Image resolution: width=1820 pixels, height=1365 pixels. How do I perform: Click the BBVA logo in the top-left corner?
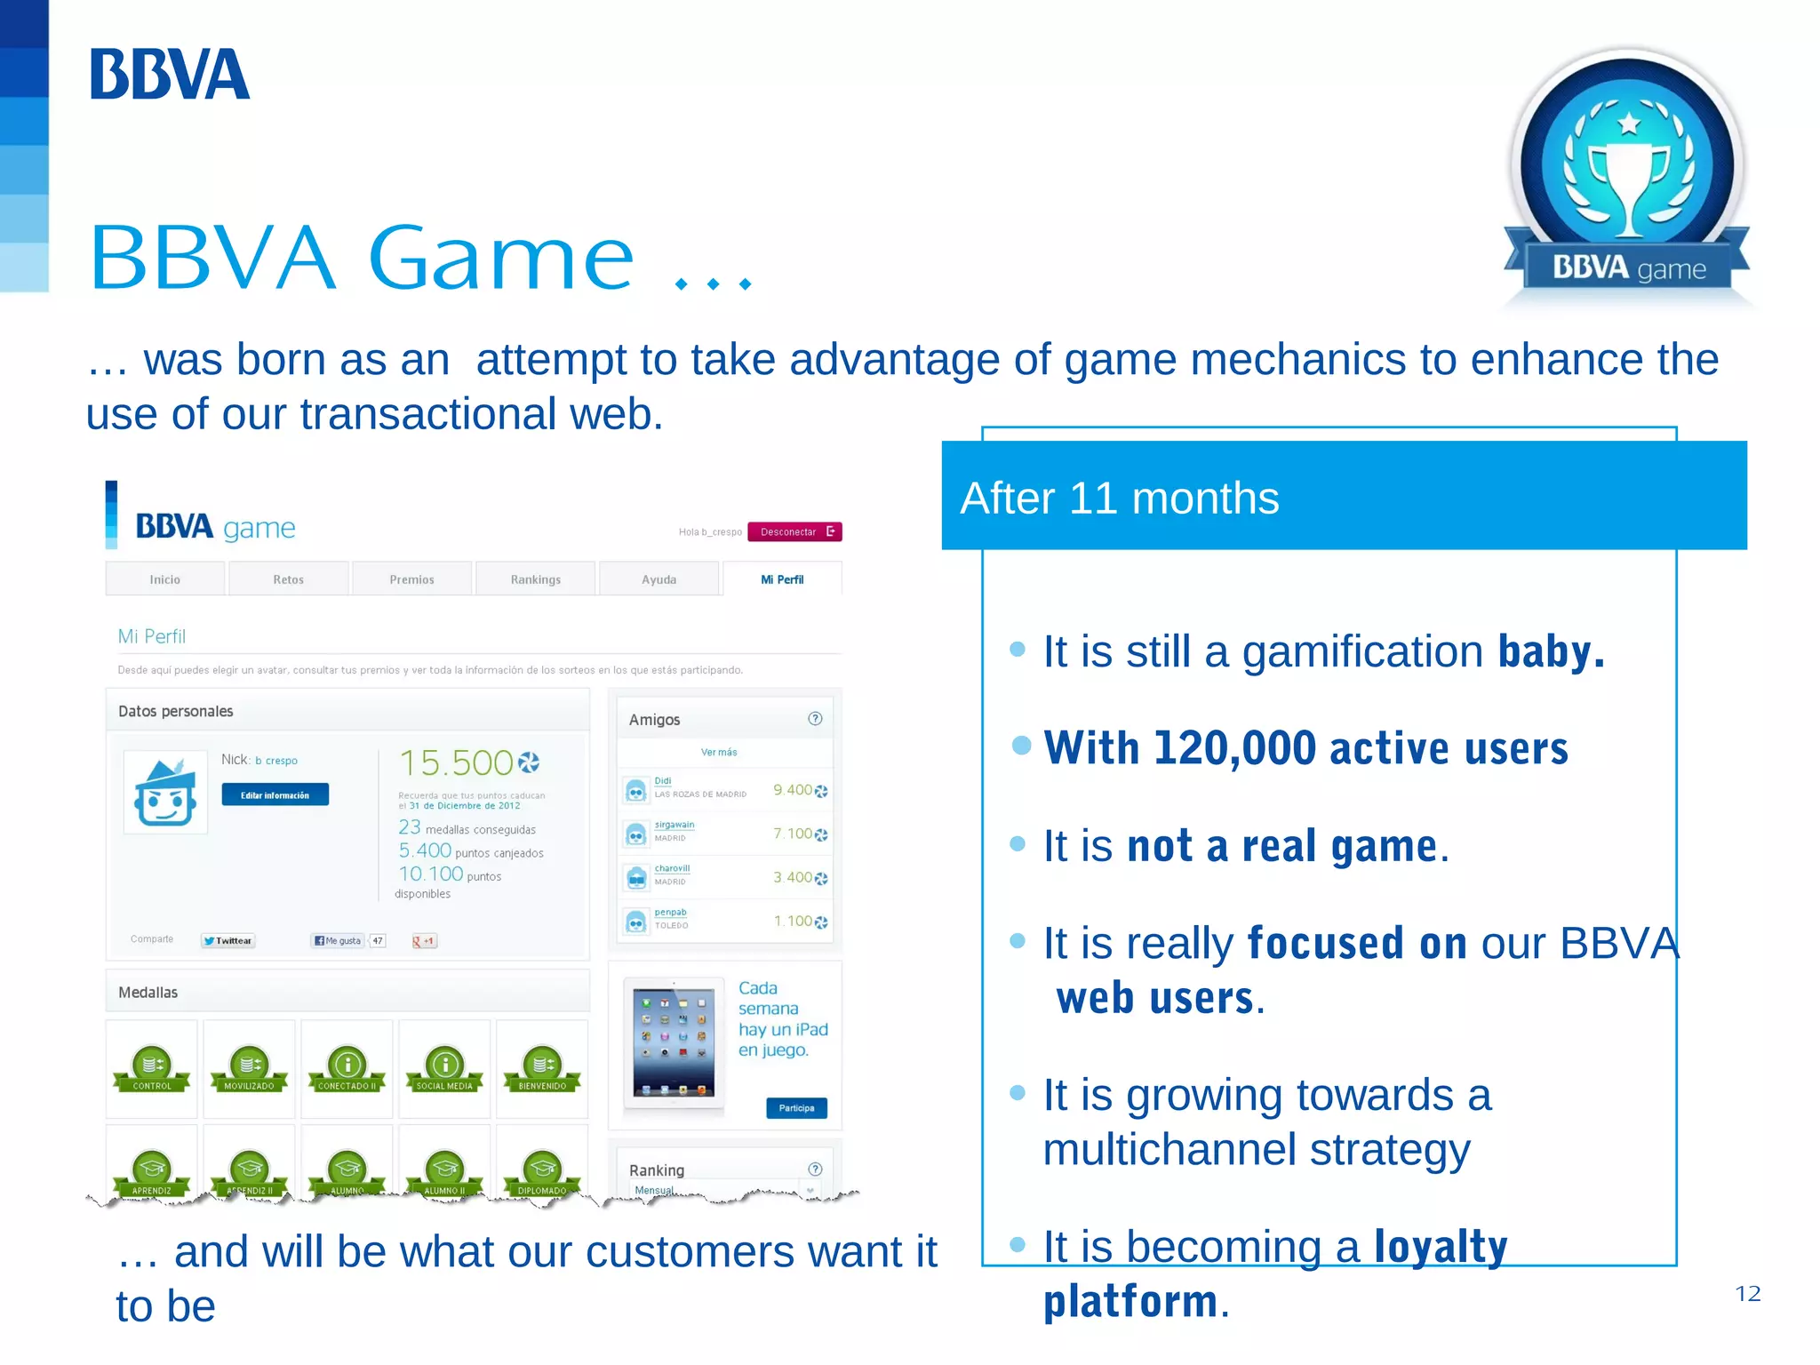click(169, 75)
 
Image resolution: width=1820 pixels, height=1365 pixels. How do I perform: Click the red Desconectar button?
click(794, 531)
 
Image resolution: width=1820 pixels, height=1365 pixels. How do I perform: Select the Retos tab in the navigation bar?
click(288, 579)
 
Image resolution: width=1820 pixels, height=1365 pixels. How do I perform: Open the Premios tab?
click(411, 579)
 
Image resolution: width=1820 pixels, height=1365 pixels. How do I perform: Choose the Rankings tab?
click(535, 579)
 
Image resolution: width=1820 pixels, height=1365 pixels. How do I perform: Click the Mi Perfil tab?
click(782, 579)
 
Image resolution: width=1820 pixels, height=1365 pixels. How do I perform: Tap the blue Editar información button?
click(275, 795)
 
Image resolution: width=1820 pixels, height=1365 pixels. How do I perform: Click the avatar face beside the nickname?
click(165, 793)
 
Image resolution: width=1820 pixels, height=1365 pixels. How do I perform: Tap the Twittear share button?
click(228, 940)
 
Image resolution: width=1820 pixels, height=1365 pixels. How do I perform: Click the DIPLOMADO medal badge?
click(542, 1172)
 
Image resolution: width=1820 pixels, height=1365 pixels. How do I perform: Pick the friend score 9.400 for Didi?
click(792, 790)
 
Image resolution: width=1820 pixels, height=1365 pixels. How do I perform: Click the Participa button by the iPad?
click(796, 1108)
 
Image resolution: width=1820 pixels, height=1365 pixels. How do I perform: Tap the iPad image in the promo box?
click(674, 1042)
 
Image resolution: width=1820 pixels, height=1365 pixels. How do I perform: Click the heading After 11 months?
click(1120, 498)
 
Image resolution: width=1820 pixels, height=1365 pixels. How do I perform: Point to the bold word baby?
click(1551, 651)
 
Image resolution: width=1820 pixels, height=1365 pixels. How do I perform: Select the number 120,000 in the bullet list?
click(1234, 747)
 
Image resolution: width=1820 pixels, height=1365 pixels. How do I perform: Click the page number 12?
click(1747, 1294)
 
